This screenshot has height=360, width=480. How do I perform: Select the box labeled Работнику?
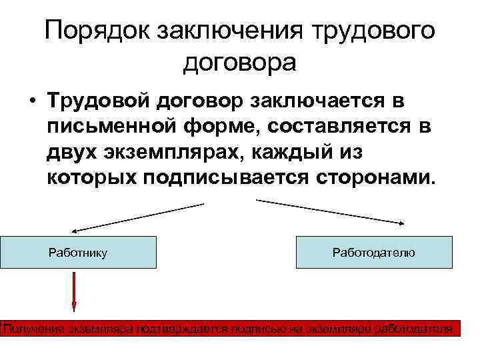point(78,252)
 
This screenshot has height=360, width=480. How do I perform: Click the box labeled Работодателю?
point(373,252)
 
